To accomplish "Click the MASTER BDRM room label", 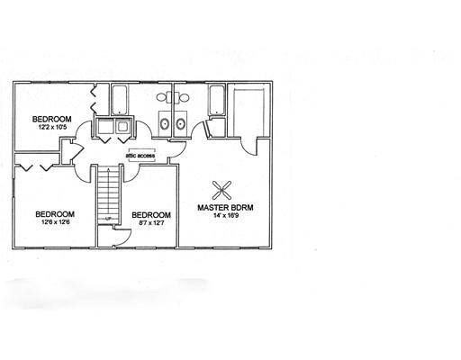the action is tap(225, 207).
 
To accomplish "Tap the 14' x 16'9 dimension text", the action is tap(225, 215).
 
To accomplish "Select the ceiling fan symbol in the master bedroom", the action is tap(221, 190).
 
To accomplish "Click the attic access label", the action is tap(140, 156).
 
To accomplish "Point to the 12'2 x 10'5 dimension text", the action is tap(52, 127).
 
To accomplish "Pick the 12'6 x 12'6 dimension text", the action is tap(55, 222).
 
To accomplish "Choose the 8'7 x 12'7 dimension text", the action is tap(151, 223).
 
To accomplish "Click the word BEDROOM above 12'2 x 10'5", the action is tap(52, 119).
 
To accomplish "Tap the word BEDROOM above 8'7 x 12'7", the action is tap(151, 215).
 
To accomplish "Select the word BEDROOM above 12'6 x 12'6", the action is tap(55, 214).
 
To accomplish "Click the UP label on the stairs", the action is tap(108, 218).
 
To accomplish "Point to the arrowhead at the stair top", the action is tap(108, 169).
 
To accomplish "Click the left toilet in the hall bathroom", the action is tap(162, 97).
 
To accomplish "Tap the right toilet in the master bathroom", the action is tap(183, 97).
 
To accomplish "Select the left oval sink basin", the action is tap(165, 123).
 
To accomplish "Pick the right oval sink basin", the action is tap(180, 123).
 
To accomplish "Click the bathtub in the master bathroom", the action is tap(217, 100).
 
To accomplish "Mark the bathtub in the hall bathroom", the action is tap(120, 100).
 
